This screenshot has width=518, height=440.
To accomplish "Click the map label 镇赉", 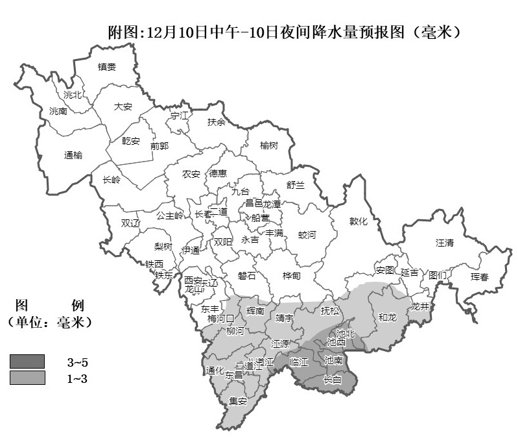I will coord(107,66).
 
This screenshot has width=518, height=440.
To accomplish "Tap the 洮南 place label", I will coord(58,112).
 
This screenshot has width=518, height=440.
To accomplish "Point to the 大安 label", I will coord(123,106).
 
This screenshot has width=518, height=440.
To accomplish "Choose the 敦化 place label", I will coord(359,221).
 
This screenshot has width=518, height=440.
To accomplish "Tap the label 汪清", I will coord(445,243).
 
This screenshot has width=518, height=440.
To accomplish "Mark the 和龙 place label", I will coord(387,317).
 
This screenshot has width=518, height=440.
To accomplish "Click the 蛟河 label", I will coord(307,235).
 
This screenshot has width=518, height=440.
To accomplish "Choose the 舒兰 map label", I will coord(295,185).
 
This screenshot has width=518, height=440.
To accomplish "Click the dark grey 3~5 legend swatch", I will coord(27,361).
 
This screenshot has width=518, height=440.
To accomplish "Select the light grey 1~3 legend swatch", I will coord(27,378).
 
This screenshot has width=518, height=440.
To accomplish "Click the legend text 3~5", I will coord(77,361).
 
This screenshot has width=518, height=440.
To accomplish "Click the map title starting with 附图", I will coord(285,31).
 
